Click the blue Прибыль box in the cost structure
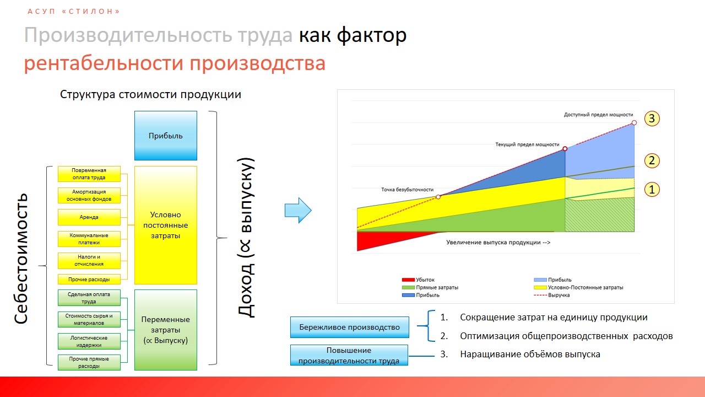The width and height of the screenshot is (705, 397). click(x=166, y=136)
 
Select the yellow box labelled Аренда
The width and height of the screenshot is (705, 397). click(x=89, y=217)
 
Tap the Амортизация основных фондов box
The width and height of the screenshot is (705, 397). click(x=89, y=195)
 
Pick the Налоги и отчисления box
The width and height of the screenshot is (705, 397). click(x=89, y=261)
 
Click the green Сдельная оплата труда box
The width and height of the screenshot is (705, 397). click(x=89, y=298)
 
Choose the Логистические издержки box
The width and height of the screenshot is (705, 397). click(x=89, y=341)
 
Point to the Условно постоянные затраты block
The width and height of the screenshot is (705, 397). click(x=166, y=226)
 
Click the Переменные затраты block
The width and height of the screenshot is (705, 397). click(x=166, y=330)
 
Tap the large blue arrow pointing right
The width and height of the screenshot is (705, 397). click(x=298, y=211)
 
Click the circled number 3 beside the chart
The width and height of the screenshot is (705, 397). click(x=652, y=119)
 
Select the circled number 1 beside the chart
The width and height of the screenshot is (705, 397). click(x=652, y=190)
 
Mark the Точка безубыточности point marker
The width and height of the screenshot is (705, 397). click(x=438, y=197)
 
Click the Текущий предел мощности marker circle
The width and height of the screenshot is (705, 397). click(x=565, y=149)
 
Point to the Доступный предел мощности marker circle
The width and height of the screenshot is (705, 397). click(x=634, y=122)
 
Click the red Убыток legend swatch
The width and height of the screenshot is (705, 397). click(x=408, y=280)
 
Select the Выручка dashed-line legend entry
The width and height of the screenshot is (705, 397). click(x=552, y=295)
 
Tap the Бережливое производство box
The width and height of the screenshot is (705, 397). click(x=349, y=328)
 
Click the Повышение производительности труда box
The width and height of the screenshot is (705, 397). click(x=349, y=356)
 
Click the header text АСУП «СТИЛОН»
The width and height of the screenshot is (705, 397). click(x=74, y=12)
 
